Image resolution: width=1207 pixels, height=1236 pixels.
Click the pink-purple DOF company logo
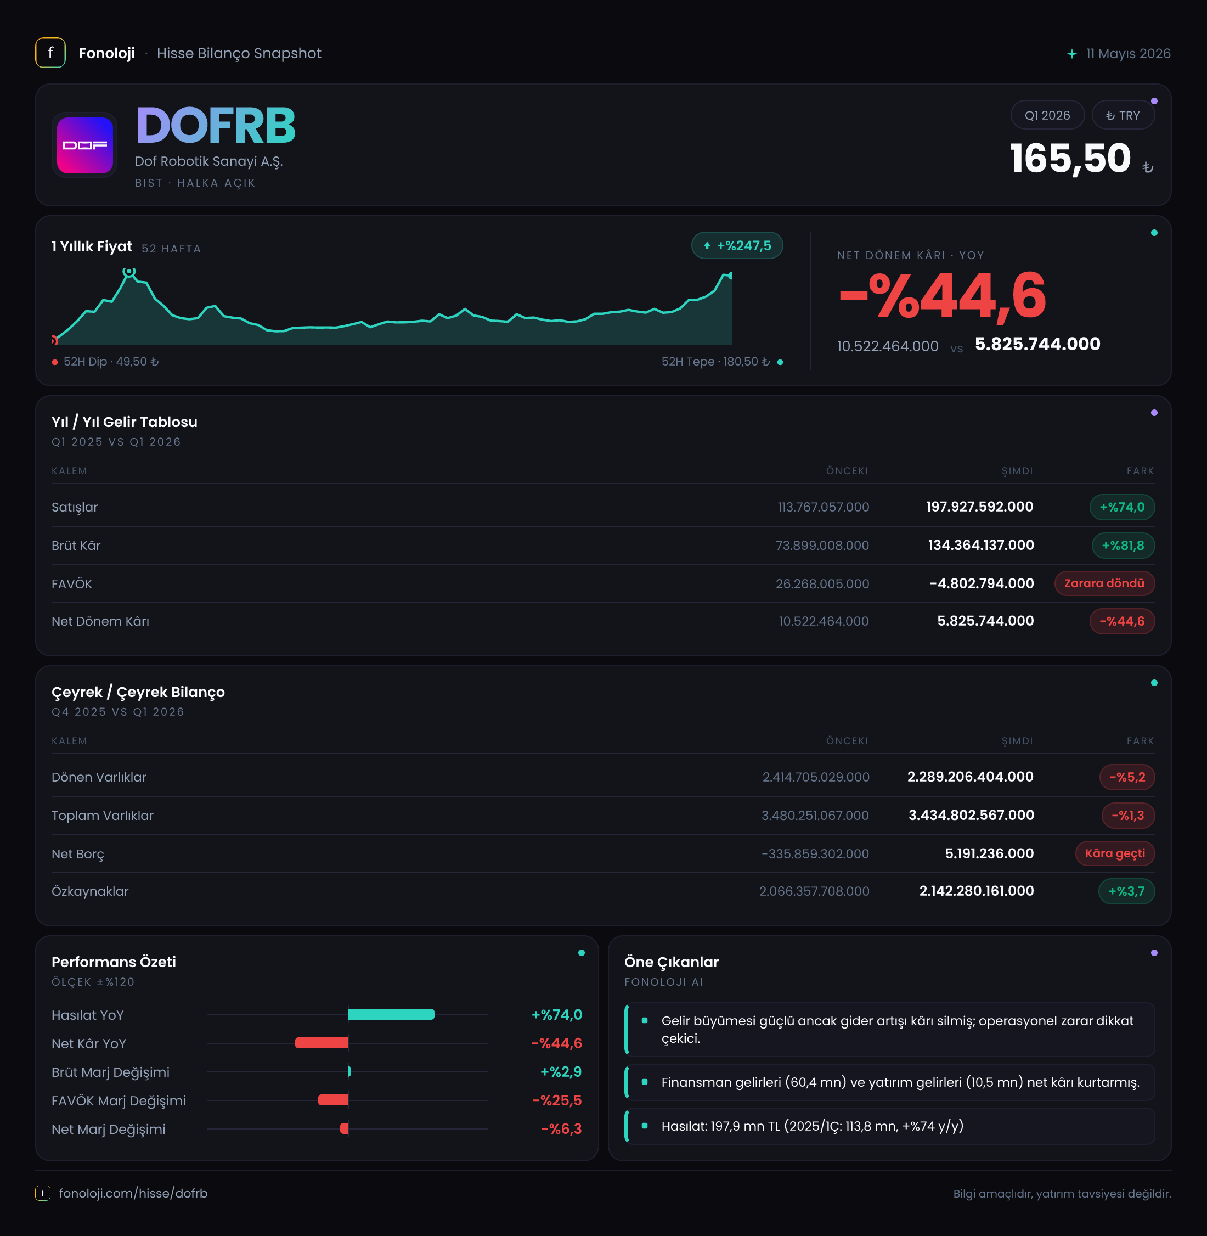pos(85,145)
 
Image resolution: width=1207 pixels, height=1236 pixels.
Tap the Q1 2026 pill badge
pos(1047,115)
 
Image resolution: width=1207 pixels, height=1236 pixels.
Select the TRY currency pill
pos(1123,115)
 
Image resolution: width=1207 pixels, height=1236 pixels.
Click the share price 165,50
pos(1069,158)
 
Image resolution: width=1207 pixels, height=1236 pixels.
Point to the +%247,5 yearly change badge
pos(737,246)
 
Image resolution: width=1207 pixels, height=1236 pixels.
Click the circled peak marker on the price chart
pos(129,272)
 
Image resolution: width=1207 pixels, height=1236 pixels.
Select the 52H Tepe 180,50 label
pos(716,362)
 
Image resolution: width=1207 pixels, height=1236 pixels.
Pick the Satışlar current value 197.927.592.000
pos(979,507)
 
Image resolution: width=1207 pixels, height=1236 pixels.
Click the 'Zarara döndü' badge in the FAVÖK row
pos(1104,583)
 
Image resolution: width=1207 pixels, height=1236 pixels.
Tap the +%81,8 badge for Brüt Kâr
pos(1123,546)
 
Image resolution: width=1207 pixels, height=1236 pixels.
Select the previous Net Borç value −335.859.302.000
pos(815,853)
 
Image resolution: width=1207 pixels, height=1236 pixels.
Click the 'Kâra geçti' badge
pos(1115,853)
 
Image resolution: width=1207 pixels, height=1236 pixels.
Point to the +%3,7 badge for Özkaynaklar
pos(1126,891)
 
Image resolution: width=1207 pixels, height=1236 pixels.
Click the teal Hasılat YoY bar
pos(391,1014)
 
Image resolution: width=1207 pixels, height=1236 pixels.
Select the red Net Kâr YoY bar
pos(322,1043)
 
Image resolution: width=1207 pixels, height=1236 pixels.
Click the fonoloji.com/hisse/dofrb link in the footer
pos(133,1193)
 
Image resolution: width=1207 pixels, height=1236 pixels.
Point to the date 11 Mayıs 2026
pos(1128,54)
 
